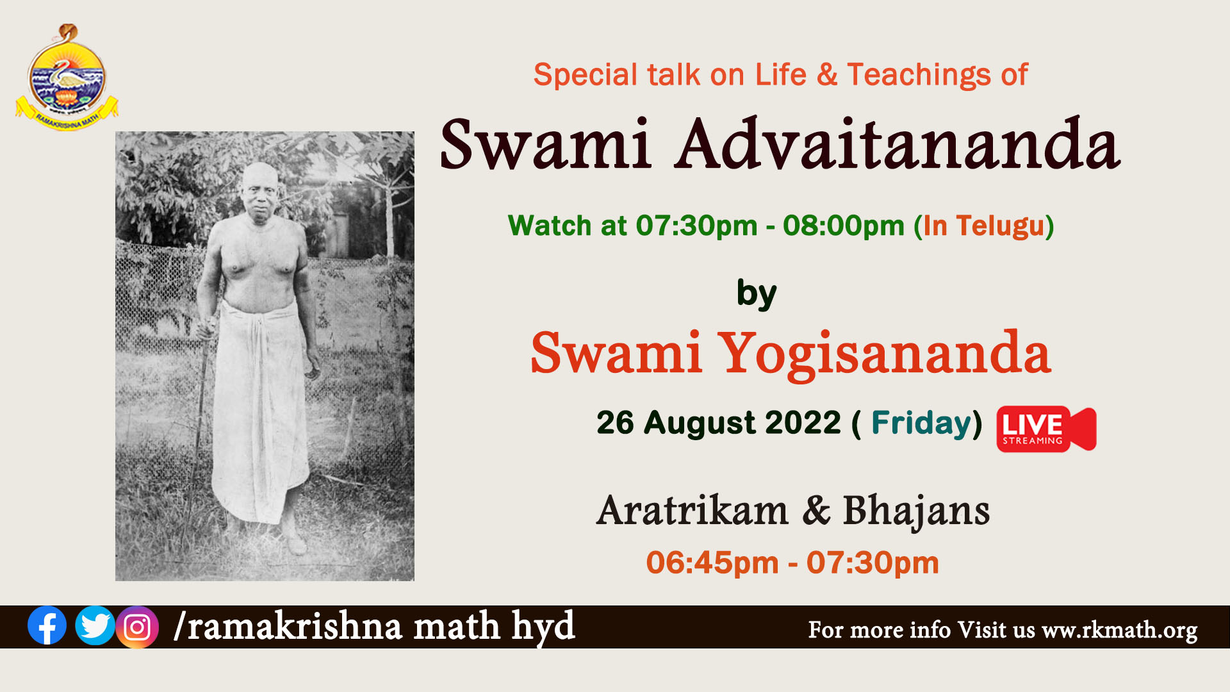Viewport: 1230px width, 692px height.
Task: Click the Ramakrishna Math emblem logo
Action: tap(67, 78)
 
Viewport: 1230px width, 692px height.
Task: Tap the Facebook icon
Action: tap(47, 625)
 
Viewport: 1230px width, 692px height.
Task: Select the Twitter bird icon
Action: tap(95, 625)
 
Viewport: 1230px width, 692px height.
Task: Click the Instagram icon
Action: tap(137, 627)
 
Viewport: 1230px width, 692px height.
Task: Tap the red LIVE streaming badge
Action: tap(1046, 429)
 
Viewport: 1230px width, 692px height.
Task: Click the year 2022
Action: tap(803, 423)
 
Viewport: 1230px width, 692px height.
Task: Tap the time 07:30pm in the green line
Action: tap(696, 226)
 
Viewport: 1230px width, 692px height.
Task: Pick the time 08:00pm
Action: tap(843, 226)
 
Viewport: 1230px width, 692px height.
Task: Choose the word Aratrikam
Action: tap(692, 511)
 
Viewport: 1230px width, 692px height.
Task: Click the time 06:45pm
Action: tap(712, 563)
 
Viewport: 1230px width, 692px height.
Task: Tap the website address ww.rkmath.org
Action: tap(1120, 630)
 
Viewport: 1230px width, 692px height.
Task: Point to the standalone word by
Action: tap(757, 294)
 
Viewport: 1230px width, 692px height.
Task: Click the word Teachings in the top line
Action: tap(920, 75)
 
